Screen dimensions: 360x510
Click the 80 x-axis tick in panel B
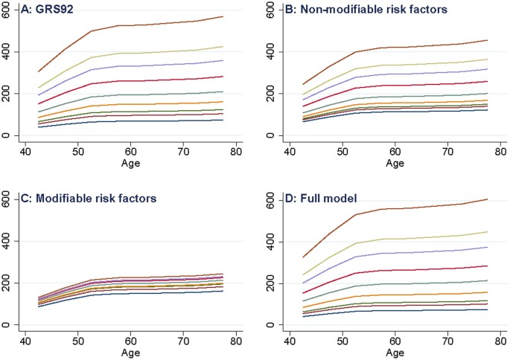[499, 150]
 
